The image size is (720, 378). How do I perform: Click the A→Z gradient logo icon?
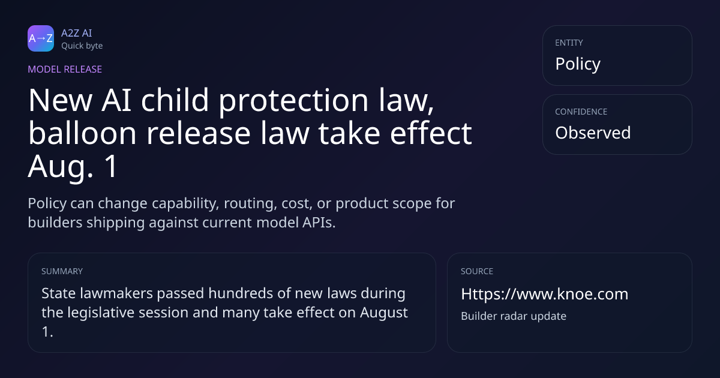click(41, 38)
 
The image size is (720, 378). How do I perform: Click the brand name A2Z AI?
click(77, 33)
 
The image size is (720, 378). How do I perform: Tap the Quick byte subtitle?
click(82, 46)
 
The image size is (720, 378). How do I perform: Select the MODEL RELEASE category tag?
click(65, 69)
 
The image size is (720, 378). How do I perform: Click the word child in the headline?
click(175, 100)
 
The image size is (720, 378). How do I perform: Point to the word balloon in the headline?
click(83, 133)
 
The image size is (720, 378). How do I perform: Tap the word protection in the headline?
click(293, 100)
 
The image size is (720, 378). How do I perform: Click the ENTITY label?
click(569, 43)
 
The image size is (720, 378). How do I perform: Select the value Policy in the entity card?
click(578, 64)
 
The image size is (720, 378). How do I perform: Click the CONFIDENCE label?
click(581, 112)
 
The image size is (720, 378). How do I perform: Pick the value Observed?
click(593, 133)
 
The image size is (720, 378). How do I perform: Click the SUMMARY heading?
click(62, 271)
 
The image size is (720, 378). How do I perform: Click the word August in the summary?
click(384, 313)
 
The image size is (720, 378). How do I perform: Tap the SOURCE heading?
click(477, 271)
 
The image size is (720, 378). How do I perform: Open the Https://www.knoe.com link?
click(545, 294)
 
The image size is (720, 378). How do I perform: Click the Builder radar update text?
click(514, 316)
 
